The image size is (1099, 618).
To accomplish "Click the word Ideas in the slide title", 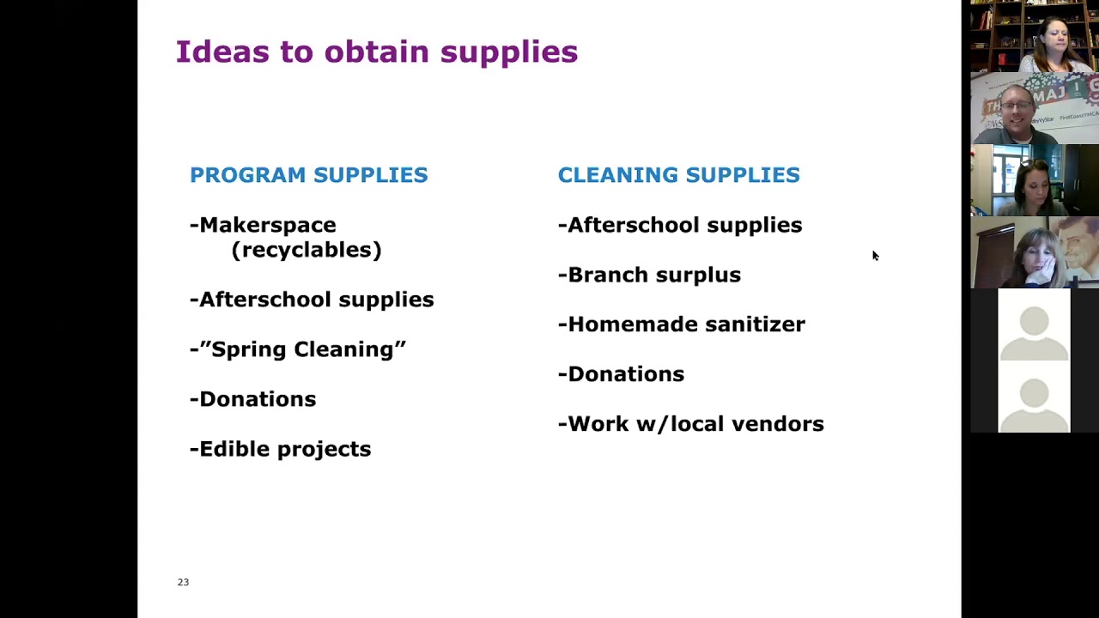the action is point(222,52).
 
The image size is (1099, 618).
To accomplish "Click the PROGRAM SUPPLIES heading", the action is point(308,175).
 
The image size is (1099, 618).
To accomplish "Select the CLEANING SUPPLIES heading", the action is point(678,175).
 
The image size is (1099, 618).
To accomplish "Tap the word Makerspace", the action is point(268,226).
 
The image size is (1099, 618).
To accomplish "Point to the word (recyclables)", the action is point(307,250).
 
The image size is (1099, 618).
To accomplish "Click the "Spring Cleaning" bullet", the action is point(298,349).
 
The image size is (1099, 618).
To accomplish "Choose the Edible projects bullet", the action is point(280,449).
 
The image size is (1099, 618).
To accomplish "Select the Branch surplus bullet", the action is point(649,276).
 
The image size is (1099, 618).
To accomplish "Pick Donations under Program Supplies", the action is point(252,399).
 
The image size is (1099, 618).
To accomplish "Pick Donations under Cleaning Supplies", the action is point(621,374).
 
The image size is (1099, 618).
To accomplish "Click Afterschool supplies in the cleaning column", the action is point(680,226).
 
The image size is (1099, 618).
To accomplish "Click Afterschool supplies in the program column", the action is point(312,300).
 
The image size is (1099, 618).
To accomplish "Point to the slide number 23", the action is point(183,582).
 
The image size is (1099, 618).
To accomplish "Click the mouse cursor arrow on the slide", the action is point(875,256).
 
